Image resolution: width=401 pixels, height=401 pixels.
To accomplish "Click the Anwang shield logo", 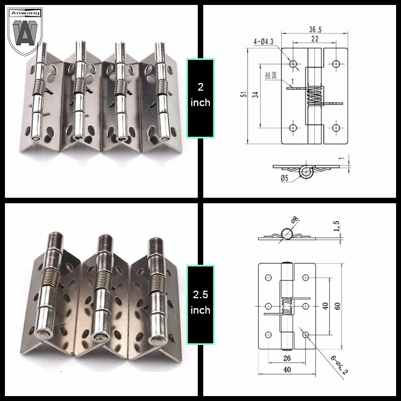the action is coord(25,31).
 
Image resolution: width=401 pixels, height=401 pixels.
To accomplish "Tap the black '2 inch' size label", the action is coord(200,98).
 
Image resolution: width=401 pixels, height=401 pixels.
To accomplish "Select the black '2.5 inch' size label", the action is coord(200,305).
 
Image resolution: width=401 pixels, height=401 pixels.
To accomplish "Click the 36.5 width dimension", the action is coord(315,30).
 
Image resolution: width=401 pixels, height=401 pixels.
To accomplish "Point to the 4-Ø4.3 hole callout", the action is coord(264,42).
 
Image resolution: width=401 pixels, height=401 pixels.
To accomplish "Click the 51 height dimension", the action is coord(244,94).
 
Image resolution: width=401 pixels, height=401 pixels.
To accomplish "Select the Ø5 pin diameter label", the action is coord(285,178).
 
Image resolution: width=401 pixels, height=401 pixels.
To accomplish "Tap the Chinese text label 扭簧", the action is coord(271,75).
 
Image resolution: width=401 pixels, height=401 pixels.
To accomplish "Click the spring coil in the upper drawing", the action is coord(314,97).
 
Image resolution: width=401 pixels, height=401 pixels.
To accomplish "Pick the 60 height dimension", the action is coord(337,306).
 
